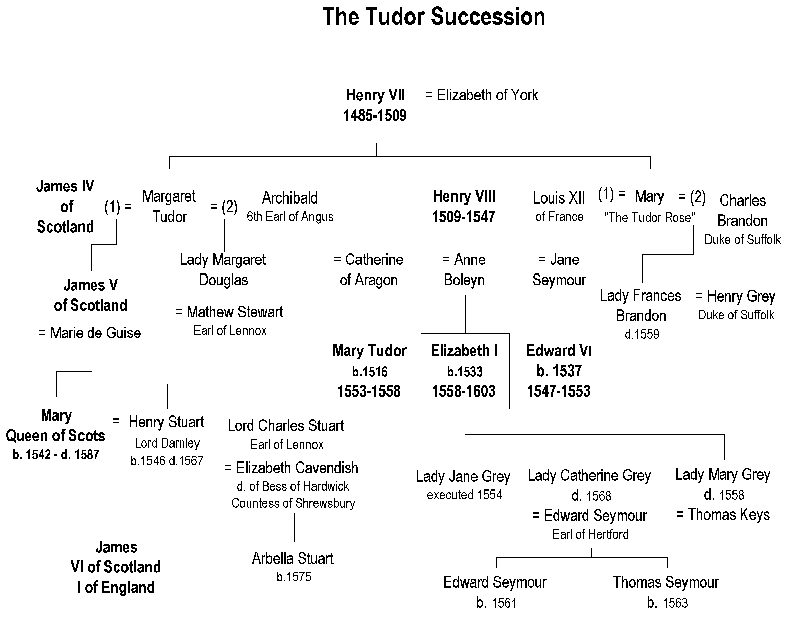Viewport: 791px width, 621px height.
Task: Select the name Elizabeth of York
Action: pos(487,95)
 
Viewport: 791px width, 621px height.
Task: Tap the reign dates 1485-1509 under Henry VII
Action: pos(375,116)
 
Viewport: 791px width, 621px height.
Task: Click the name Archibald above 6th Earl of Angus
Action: pos(290,198)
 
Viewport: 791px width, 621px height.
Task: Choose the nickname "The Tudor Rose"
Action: pos(650,218)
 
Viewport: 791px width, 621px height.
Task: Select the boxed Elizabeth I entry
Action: pos(464,371)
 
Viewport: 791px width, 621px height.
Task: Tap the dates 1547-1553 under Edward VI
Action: pos(558,391)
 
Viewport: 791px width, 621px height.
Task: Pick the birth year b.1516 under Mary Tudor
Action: pos(370,372)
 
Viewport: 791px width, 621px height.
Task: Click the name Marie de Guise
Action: pos(95,333)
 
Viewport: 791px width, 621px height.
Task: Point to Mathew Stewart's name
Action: pos(235,312)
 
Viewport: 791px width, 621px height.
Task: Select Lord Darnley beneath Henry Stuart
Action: pos(167,443)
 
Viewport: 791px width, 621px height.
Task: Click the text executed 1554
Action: pos(464,495)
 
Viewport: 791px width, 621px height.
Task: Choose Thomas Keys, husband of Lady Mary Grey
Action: pos(728,515)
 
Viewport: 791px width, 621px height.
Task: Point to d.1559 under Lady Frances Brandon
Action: pos(642,334)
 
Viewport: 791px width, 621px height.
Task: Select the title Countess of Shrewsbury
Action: pos(293,504)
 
